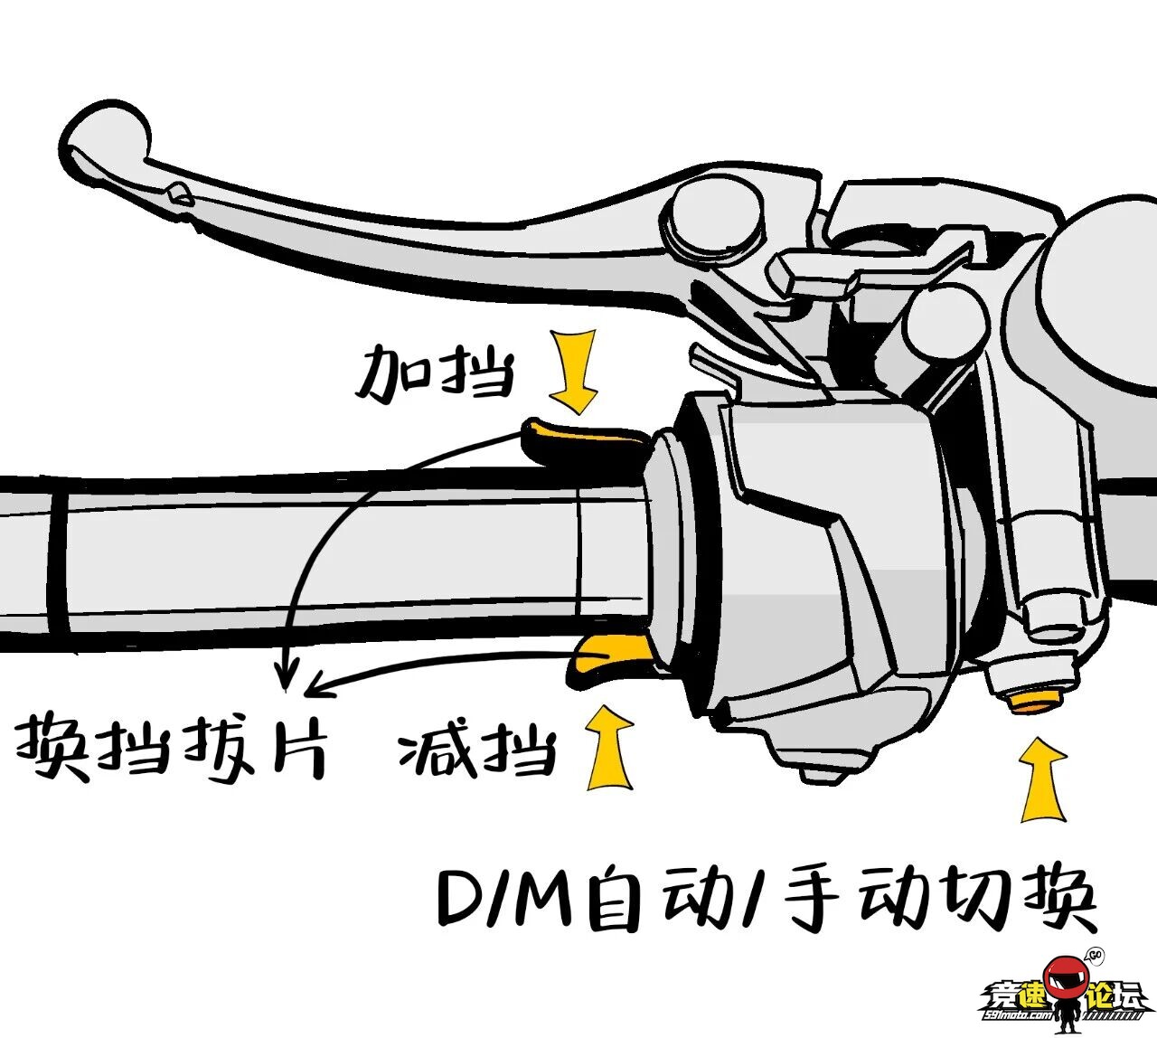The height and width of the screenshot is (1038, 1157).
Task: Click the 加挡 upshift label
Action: (x=434, y=373)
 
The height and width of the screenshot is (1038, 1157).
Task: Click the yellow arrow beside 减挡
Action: (x=610, y=747)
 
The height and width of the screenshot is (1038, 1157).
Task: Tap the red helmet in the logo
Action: (x=1063, y=980)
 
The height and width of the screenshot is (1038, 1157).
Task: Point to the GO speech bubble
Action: (x=1095, y=955)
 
